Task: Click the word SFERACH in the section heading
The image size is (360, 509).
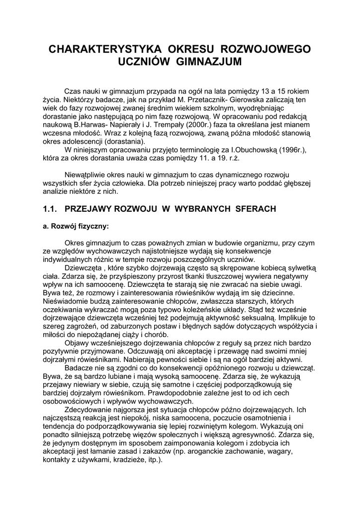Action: (254, 209)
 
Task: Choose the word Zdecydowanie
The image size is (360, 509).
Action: (91, 410)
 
